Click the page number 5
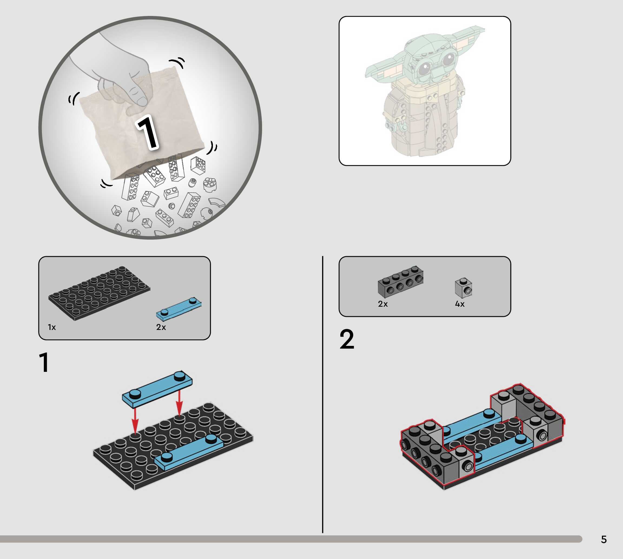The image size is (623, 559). pos(604,539)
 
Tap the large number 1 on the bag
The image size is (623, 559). pos(148,133)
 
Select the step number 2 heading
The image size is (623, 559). pos(347,339)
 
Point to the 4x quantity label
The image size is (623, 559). pos(460,304)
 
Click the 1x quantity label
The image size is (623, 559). pos(52,327)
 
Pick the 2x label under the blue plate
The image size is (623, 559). pos(161,327)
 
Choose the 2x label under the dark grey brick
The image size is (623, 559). pos(383,304)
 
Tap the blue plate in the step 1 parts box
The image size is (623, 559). pos(179,309)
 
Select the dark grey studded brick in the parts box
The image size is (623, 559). pos(401,281)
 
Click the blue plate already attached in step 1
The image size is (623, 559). pos(189,452)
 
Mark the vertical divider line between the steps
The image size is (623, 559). pos(322,395)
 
